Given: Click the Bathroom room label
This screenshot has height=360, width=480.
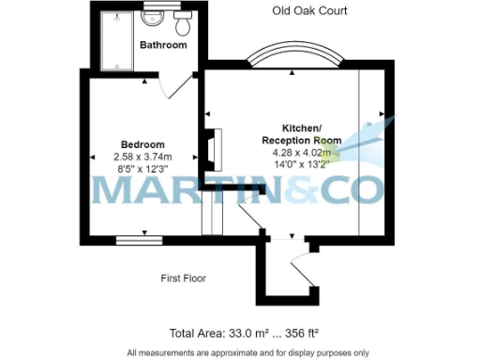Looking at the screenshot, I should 163,45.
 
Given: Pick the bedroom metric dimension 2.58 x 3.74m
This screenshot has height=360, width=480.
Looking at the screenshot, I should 142,157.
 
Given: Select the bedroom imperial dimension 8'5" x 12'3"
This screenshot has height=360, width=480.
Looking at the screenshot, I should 142,170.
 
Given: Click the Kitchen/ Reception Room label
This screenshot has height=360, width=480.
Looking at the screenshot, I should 303,133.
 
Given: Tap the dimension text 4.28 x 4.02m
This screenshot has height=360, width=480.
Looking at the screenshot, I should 303,152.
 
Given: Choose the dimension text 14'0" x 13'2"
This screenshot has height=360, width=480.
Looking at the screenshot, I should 303,164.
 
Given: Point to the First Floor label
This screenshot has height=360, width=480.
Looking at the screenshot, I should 183,278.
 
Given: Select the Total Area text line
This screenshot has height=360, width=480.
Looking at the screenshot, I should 240,333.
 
